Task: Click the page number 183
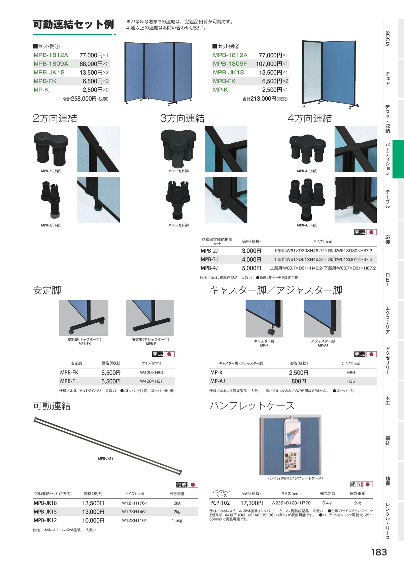(x=379, y=552)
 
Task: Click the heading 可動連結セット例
(x=73, y=25)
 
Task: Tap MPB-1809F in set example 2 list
(x=230, y=64)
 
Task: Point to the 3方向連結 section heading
(x=182, y=118)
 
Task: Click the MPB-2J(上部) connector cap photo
(x=51, y=149)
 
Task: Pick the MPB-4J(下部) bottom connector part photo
(x=307, y=200)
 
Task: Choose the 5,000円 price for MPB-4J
(x=251, y=268)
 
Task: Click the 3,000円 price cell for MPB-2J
(x=251, y=251)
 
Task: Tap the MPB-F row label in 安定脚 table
(x=67, y=381)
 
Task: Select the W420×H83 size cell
(x=151, y=373)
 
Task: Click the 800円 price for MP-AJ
(x=299, y=381)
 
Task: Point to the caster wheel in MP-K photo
(x=271, y=332)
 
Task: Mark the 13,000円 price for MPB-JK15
(x=93, y=512)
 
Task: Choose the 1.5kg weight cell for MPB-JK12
(x=177, y=521)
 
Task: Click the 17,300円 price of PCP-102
(x=251, y=503)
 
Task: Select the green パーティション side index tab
(x=398, y=159)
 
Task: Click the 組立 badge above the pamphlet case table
(x=356, y=484)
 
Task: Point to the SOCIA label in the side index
(x=388, y=38)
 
